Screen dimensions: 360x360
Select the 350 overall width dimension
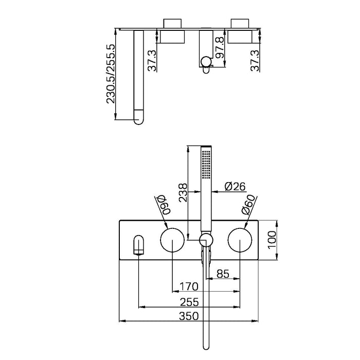(189, 317)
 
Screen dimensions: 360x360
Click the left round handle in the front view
(171, 240)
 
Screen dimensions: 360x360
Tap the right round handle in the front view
(240, 240)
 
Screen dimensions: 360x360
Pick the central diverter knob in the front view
(206, 239)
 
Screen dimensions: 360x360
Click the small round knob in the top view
(206, 63)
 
